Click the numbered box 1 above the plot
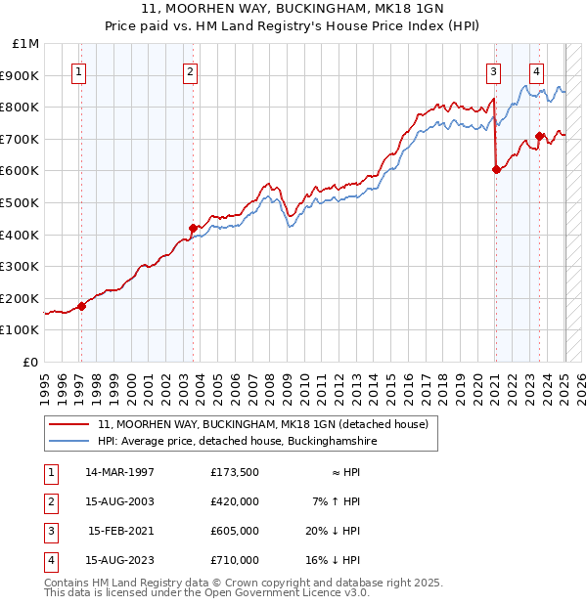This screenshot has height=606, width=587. click(77, 70)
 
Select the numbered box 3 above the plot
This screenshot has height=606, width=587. click(494, 70)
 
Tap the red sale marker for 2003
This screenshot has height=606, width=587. click(193, 229)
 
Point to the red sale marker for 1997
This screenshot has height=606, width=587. click(81, 306)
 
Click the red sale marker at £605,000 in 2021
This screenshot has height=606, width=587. click(496, 169)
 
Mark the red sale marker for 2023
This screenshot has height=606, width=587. click(539, 136)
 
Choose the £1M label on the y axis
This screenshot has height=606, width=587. click(26, 43)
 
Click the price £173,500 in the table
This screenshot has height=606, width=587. click(234, 472)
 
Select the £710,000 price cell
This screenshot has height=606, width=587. click(234, 560)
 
